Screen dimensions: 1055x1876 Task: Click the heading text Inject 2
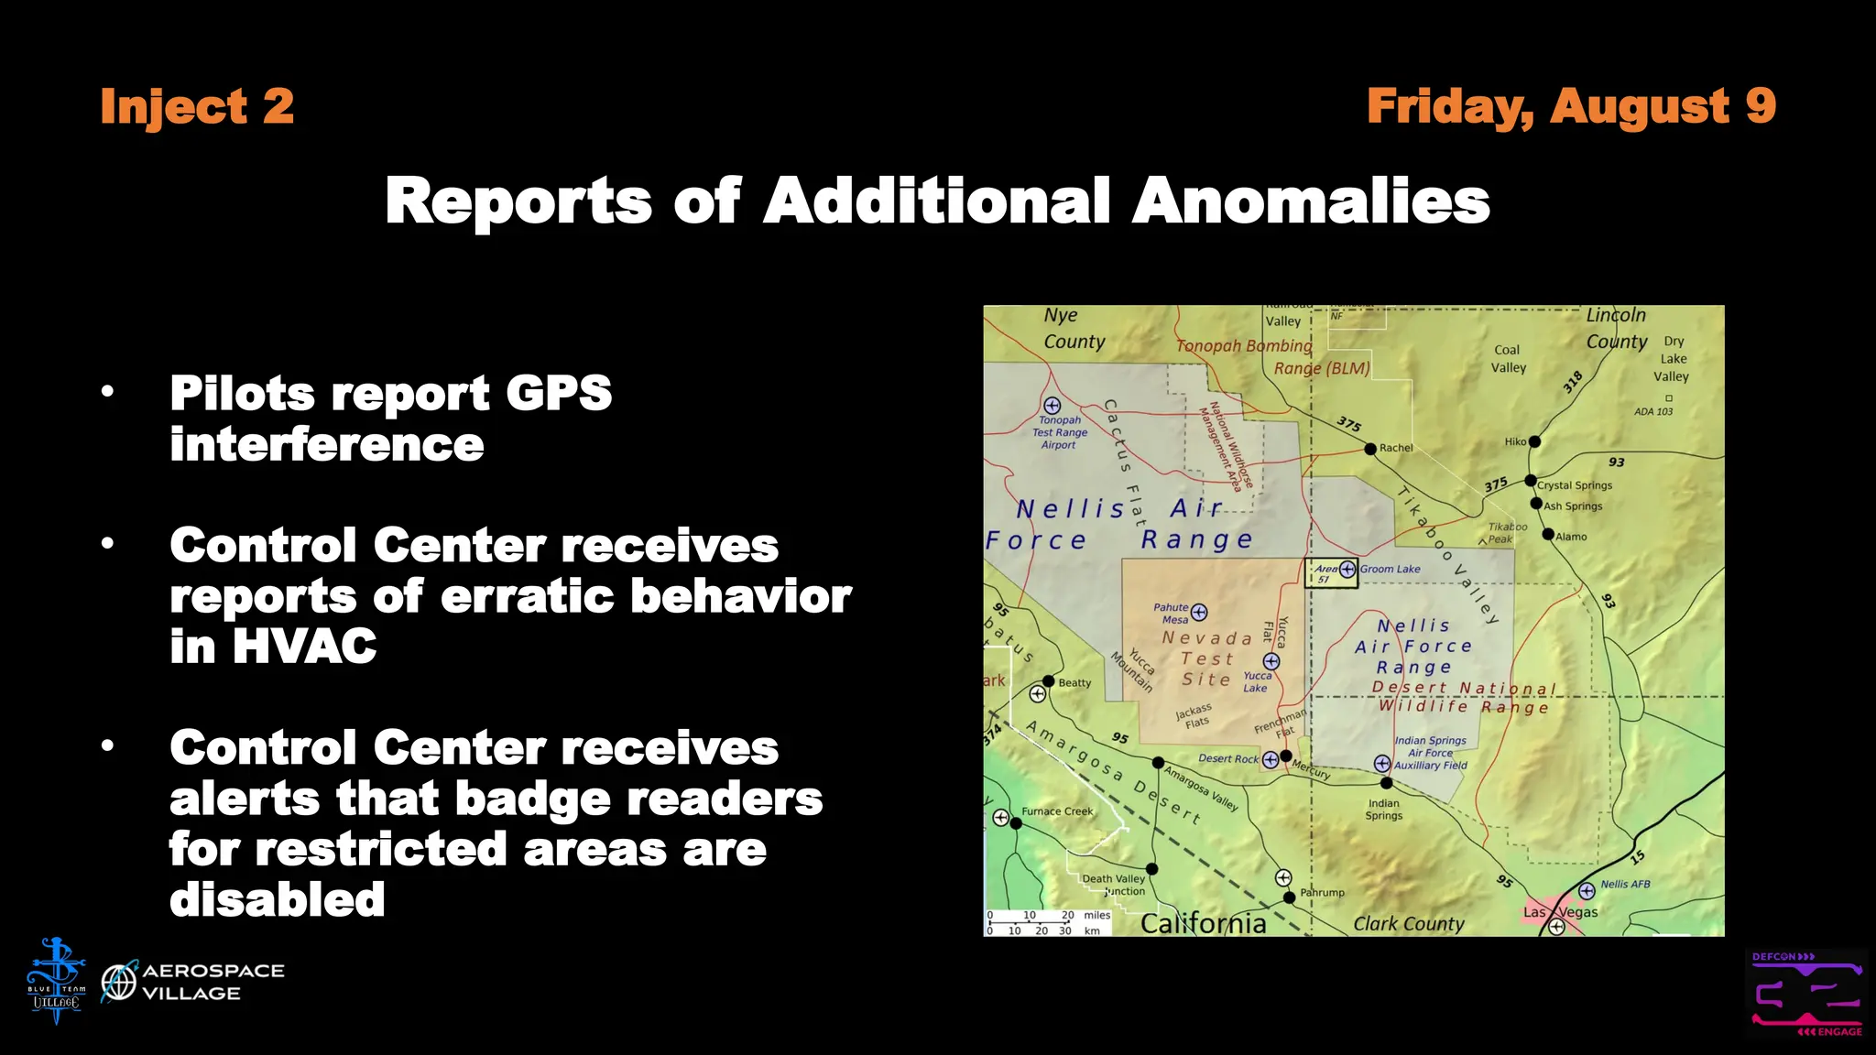tap(197, 106)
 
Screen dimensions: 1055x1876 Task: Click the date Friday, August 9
tap(1571, 106)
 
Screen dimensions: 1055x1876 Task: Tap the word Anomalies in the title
tap(1311, 201)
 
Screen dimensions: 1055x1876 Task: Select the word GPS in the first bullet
tap(558, 393)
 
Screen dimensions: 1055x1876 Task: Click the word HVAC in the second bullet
tap(273, 646)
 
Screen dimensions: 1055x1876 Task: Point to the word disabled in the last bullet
tap(277, 898)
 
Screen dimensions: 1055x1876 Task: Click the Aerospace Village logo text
tap(213, 982)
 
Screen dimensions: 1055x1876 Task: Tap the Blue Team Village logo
tap(56, 981)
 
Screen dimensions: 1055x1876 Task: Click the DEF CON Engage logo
tap(1805, 994)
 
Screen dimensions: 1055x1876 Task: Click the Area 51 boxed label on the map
tap(1330, 573)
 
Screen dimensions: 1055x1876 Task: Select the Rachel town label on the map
tap(1396, 448)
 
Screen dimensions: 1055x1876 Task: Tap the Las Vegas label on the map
tap(1560, 912)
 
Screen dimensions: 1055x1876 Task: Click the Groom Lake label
tap(1390, 569)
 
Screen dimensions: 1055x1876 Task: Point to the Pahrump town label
tap(1322, 892)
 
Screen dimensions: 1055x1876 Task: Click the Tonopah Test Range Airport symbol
tap(1052, 405)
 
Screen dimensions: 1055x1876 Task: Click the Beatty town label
tap(1074, 682)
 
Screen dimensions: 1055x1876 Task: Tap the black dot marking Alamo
tap(1548, 535)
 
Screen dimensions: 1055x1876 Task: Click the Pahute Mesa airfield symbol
tap(1199, 612)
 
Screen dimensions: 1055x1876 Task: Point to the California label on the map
tap(1203, 923)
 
